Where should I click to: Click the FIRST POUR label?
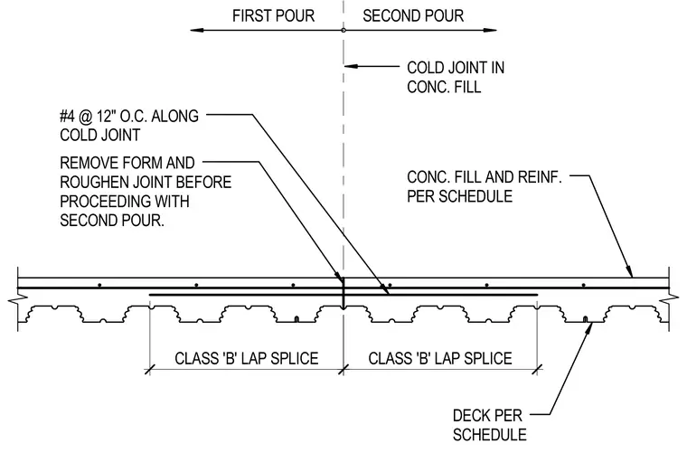tap(273, 15)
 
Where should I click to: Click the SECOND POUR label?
tap(413, 15)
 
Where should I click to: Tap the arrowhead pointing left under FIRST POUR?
tap(197, 30)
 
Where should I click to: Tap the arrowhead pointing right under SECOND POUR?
tap(489, 30)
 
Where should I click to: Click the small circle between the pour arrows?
tap(343, 30)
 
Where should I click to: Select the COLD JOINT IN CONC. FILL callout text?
tap(456, 77)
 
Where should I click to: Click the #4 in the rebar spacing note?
tap(67, 116)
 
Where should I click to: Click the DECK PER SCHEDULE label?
tap(489, 425)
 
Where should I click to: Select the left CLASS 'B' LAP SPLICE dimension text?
tap(247, 358)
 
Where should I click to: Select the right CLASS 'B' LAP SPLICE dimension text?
tap(440, 358)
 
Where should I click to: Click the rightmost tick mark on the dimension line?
tap(537, 369)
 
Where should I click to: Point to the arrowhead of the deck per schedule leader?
tap(589, 326)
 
